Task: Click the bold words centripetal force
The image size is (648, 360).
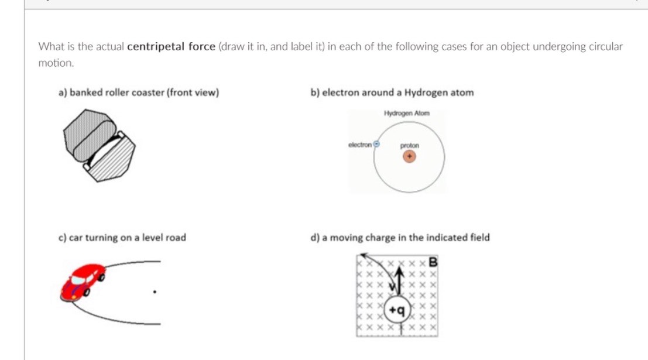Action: coord(171,46)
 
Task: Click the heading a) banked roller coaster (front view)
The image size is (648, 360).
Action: coord(138,92)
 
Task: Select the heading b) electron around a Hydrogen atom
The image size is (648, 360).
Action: coord(392,92)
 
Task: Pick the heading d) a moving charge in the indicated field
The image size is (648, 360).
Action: coord(400,238)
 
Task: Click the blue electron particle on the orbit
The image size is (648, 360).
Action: coord(378,143)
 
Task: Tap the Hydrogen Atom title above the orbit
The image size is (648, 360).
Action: coord(407,113)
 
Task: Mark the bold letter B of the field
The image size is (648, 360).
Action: coord(434,261)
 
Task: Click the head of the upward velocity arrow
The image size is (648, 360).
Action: coord(401,270)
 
